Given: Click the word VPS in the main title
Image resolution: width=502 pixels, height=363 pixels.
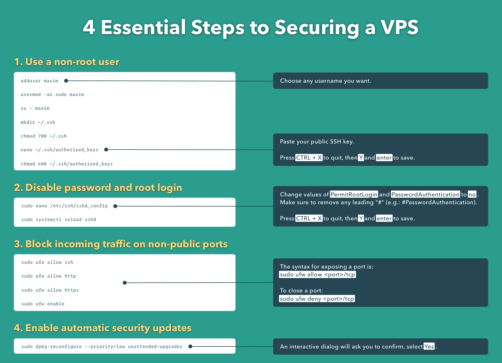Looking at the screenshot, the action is (400, 27).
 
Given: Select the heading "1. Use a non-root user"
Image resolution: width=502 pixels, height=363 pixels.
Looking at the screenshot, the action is (67, 62).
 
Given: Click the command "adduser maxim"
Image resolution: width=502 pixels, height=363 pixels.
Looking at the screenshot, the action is (39, 81).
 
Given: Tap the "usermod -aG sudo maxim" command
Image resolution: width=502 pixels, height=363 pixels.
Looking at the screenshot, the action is (52, 94).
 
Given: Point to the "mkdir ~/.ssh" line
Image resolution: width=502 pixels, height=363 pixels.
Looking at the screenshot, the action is (38, 122).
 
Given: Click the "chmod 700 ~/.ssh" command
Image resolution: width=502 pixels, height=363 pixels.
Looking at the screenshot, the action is (44, 136).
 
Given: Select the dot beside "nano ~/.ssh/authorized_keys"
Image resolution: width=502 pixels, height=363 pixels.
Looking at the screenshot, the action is (106, 149).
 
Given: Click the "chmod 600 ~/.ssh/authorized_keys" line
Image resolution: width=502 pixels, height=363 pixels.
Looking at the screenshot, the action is (67, 164).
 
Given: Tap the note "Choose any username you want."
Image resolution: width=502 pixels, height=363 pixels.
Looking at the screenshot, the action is (326, 81).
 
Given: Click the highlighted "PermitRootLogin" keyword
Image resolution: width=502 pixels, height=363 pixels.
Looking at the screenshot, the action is (354, 194).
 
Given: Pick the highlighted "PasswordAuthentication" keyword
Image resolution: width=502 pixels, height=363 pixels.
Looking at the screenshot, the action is (426, 194).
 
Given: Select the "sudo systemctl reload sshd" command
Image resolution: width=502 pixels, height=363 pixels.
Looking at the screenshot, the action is (59, 220).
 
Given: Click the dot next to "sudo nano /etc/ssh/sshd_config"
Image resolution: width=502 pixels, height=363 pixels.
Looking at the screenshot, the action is (115, 206).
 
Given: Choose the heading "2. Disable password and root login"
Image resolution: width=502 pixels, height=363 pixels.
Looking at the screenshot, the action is (98, 188).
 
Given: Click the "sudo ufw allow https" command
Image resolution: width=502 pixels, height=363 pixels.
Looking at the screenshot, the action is (50, 290).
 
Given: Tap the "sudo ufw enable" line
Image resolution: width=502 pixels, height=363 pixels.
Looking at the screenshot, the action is (43, 304).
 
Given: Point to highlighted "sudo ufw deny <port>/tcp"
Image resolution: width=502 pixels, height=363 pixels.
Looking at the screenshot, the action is (317, 298).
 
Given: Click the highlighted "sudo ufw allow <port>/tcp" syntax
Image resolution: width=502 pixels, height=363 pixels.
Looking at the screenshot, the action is (317, 274).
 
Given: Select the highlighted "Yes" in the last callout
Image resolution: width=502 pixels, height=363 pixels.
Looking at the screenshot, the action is (429, 346).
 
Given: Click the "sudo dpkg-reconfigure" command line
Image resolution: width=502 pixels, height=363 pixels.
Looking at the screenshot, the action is (102, 347).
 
